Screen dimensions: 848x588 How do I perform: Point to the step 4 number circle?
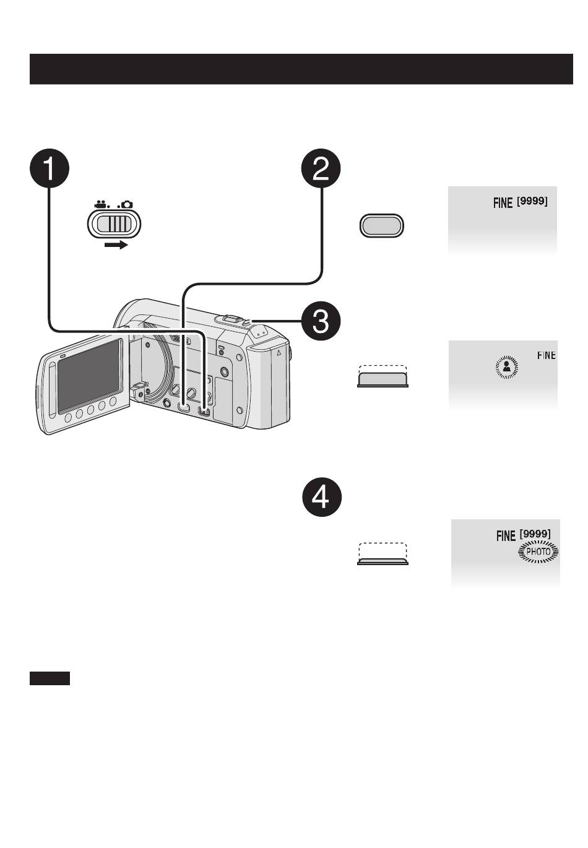coord(321,499)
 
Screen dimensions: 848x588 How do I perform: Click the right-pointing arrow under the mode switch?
coord(116,245)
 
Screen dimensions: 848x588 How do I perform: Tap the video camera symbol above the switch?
coord(100,204)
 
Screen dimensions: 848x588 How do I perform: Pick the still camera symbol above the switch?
coord(126,204)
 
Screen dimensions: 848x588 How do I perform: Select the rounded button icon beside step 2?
coord(381,226)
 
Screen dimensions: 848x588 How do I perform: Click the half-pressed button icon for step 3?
coord(383,376)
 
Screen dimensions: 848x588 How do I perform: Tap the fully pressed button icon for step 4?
coord(383,554)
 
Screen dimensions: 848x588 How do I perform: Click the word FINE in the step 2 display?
coord(503,202)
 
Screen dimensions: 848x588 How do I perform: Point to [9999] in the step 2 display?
coord(532,201)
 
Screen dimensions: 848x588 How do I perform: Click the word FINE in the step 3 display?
coord(547,355)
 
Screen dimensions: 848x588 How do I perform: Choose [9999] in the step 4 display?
coord(535,534)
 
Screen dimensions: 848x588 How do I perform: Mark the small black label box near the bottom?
coord(50,678)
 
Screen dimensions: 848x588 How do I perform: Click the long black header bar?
coord(301,69)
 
